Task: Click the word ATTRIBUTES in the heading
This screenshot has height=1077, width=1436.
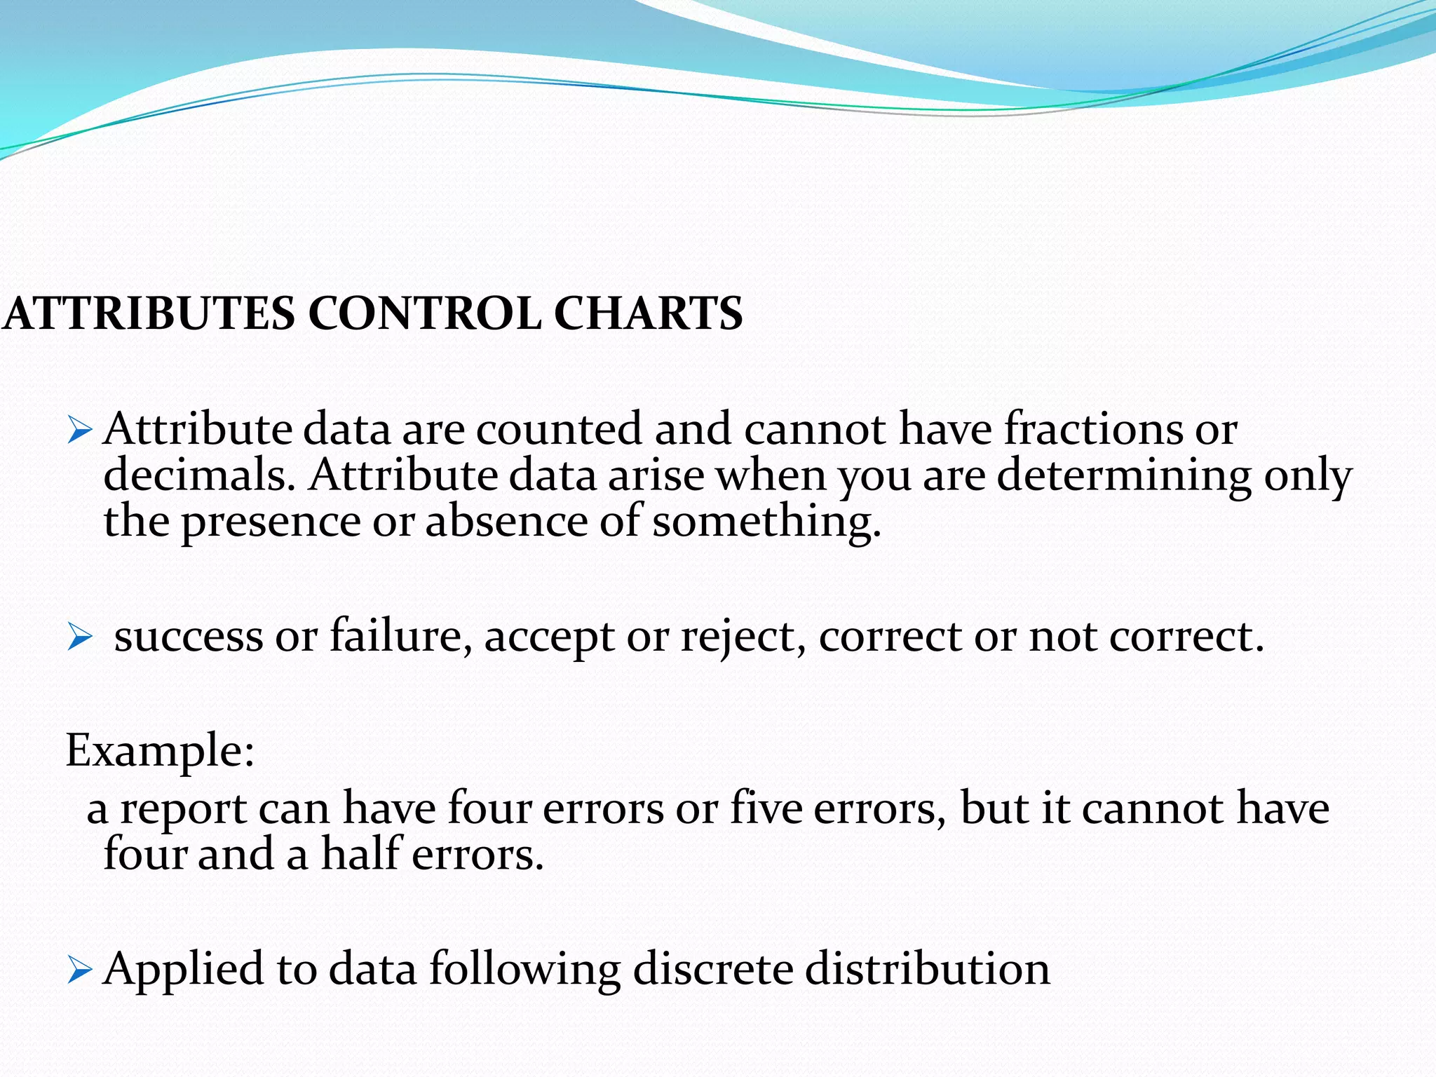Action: click(x=149, y=313)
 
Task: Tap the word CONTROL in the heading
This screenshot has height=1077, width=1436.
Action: click(x=424, y=313)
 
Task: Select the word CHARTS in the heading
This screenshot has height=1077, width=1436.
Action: click(x=648, y=313)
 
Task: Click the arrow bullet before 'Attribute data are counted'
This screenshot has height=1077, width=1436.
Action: click(x=80, y=430)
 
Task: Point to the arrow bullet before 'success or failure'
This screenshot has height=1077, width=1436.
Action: click(x=80, y=638)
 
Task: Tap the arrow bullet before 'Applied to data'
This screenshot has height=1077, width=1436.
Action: click(x=80, y=971)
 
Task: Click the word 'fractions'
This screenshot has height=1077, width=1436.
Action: click(x=1092, y=428)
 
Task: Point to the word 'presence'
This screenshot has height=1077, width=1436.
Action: click(x=271, y=522)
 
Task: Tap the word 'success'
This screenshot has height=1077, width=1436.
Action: click(x=188, y=637)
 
